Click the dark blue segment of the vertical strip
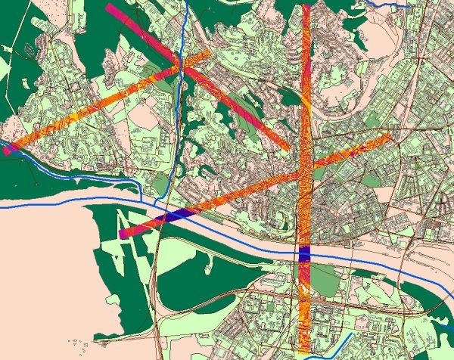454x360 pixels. [x=304, y=254]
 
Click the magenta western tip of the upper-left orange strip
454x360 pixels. [x=8, y=150]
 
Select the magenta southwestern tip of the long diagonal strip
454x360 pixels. [x=123, y=234]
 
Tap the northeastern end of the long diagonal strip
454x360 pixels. [x=387, y=137]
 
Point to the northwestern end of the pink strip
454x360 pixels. [x=110, y=8]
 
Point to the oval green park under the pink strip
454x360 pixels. [x=240, y=104]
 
